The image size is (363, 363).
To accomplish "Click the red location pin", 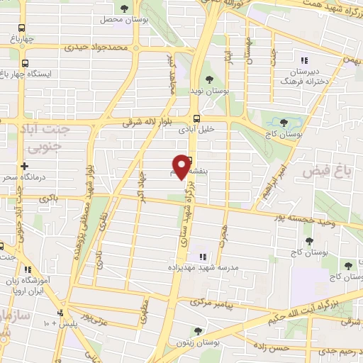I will [x=186, y=167].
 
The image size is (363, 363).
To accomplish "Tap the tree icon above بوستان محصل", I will [x=125, y=9].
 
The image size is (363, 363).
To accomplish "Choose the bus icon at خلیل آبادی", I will [x=196, y=119].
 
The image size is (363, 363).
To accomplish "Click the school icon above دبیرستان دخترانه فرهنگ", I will [x=305, y=61].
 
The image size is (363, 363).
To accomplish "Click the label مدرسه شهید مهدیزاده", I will [x=199, y=268].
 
